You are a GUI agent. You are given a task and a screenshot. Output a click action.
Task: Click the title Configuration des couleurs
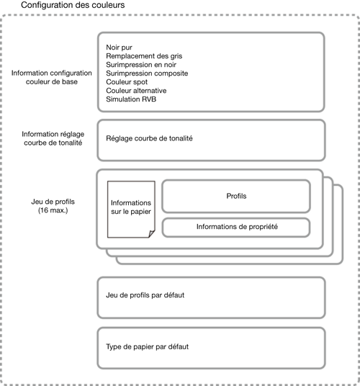coord(73,5)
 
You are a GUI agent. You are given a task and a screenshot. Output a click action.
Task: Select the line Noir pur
coord(119,48)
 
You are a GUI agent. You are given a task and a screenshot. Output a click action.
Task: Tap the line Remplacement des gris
coord(144,56)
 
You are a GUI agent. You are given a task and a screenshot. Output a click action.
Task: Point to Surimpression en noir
coord(141,65)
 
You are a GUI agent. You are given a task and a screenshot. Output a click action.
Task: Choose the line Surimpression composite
coord(147,73)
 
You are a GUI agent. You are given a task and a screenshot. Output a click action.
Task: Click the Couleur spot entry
coord(127,82)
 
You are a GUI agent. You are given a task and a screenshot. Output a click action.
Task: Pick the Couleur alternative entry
coord(136,91)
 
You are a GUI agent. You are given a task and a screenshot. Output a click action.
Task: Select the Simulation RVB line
coord(131,99)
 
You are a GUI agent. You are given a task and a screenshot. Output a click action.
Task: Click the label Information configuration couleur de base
coord(52,77)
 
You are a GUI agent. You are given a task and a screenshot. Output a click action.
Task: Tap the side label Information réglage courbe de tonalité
coord(53,138)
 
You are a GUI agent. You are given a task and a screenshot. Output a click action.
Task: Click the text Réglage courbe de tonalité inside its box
coord(149,138)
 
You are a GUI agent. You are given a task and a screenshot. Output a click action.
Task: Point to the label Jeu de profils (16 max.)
coord(53,206)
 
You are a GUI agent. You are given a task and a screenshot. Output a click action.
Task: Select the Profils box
coord(236,196)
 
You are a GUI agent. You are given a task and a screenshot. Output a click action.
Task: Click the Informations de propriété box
coord(236,228)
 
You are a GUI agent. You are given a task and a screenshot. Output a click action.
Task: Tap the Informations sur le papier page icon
coord(131,210)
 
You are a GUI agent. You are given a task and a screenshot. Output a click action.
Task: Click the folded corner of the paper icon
coord(152,233)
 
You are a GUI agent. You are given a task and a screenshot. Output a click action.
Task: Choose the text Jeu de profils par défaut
coord(145,295)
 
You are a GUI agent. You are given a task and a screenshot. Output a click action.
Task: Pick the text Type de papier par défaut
coord(148,347)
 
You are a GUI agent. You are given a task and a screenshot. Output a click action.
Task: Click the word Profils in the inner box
coord(236,196)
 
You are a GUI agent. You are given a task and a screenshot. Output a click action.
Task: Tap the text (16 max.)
coord(53,210)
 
